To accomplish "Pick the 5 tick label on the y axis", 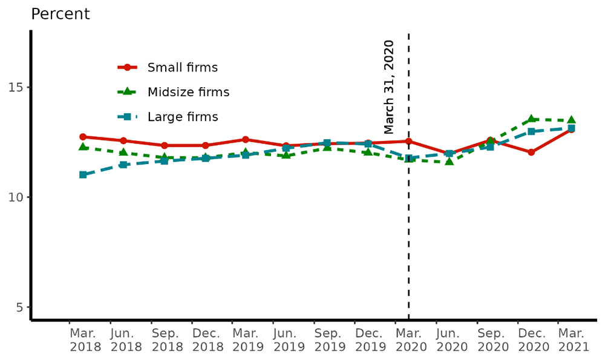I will coord(19,307).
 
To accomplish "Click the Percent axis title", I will coord(60,14).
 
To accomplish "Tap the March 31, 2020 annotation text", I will coord(389,87).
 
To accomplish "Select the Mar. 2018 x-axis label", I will coord(82,340).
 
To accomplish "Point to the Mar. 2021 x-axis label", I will coord(571,340).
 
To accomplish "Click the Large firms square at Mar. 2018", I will coord(83,175).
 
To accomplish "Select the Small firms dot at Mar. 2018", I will coord(83,137).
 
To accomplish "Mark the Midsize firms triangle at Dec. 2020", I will coord(531,119).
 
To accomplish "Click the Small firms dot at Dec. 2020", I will coord(531,152).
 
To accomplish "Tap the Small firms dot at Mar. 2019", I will coord(246,140).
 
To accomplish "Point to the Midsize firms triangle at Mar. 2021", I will coord(571,120).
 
